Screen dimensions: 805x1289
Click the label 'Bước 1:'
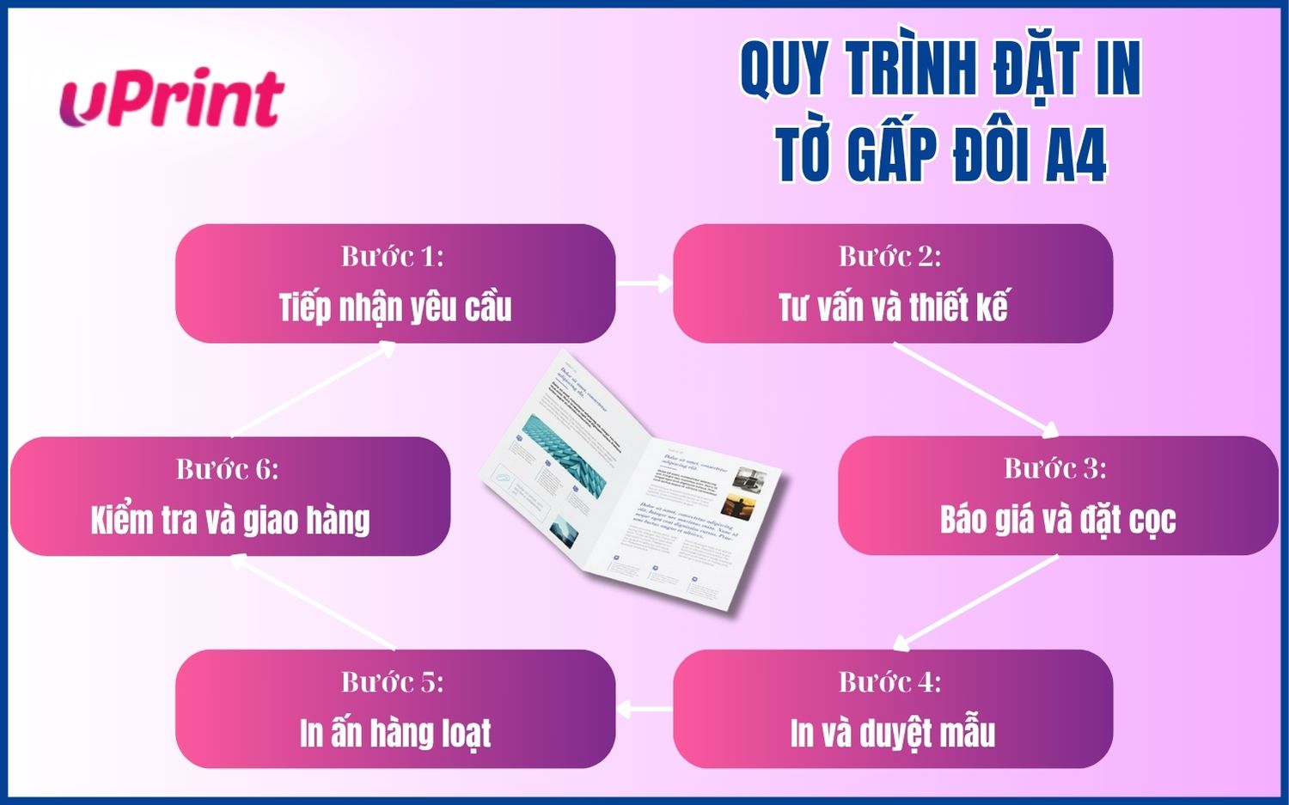393,256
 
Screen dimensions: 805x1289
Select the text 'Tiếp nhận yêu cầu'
395,308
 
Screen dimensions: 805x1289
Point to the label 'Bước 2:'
890,256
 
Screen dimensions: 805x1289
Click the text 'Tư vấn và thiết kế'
893,308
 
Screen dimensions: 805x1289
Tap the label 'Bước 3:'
1055,468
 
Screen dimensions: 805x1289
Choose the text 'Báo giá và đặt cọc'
1058,520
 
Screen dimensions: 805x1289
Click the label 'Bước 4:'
890,682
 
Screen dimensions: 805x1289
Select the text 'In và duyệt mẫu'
893,734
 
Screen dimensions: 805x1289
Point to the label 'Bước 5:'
393,682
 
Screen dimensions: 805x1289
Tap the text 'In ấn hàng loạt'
395,734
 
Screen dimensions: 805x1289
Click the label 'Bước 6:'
228,469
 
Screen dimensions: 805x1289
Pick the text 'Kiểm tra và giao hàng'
230,521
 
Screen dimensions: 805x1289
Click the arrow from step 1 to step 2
644,283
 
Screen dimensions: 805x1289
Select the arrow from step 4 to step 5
644,709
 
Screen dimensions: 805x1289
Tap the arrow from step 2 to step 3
976,389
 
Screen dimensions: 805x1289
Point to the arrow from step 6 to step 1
314,389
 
